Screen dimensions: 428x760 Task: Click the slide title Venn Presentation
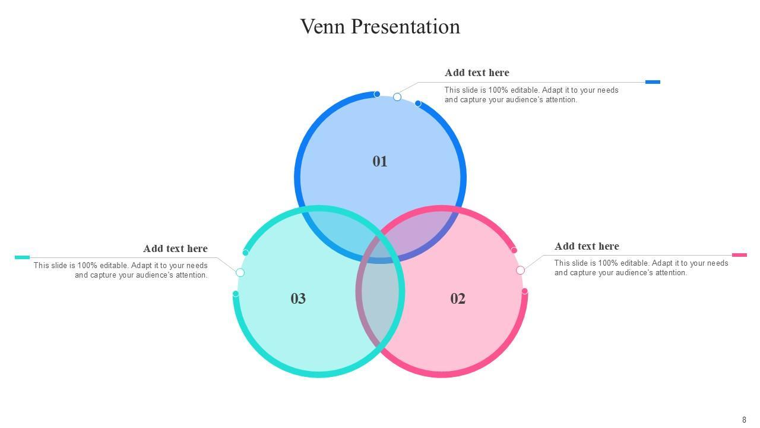click(380, 27)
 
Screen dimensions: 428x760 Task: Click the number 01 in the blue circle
click(380, 161)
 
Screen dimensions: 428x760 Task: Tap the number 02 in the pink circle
click(458, 298)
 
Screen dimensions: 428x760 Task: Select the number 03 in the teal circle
click(298, 298)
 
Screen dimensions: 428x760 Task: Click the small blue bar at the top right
click(653, 82)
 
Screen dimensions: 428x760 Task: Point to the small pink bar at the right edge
click(739, 255)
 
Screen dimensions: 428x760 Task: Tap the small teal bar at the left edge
click(22, 257)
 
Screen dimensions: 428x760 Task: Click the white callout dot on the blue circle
click(397, 97)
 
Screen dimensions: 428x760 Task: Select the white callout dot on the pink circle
click(520, 270)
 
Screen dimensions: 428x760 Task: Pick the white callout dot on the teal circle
click(240, 273)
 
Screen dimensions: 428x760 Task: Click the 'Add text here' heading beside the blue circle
click(477, 73)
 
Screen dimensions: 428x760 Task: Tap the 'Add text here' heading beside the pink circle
click(587, 246)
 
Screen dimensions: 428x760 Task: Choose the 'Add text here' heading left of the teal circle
click(175, 248)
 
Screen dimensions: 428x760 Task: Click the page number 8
click(744, 420)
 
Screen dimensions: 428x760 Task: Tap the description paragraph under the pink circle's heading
click(641, 268)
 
